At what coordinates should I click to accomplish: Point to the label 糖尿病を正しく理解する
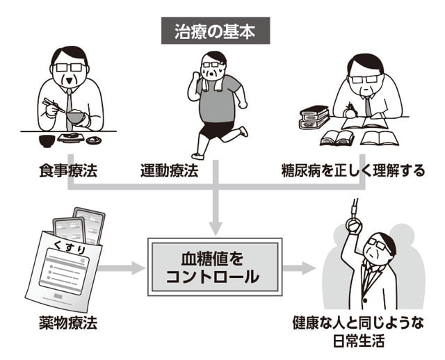353,170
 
